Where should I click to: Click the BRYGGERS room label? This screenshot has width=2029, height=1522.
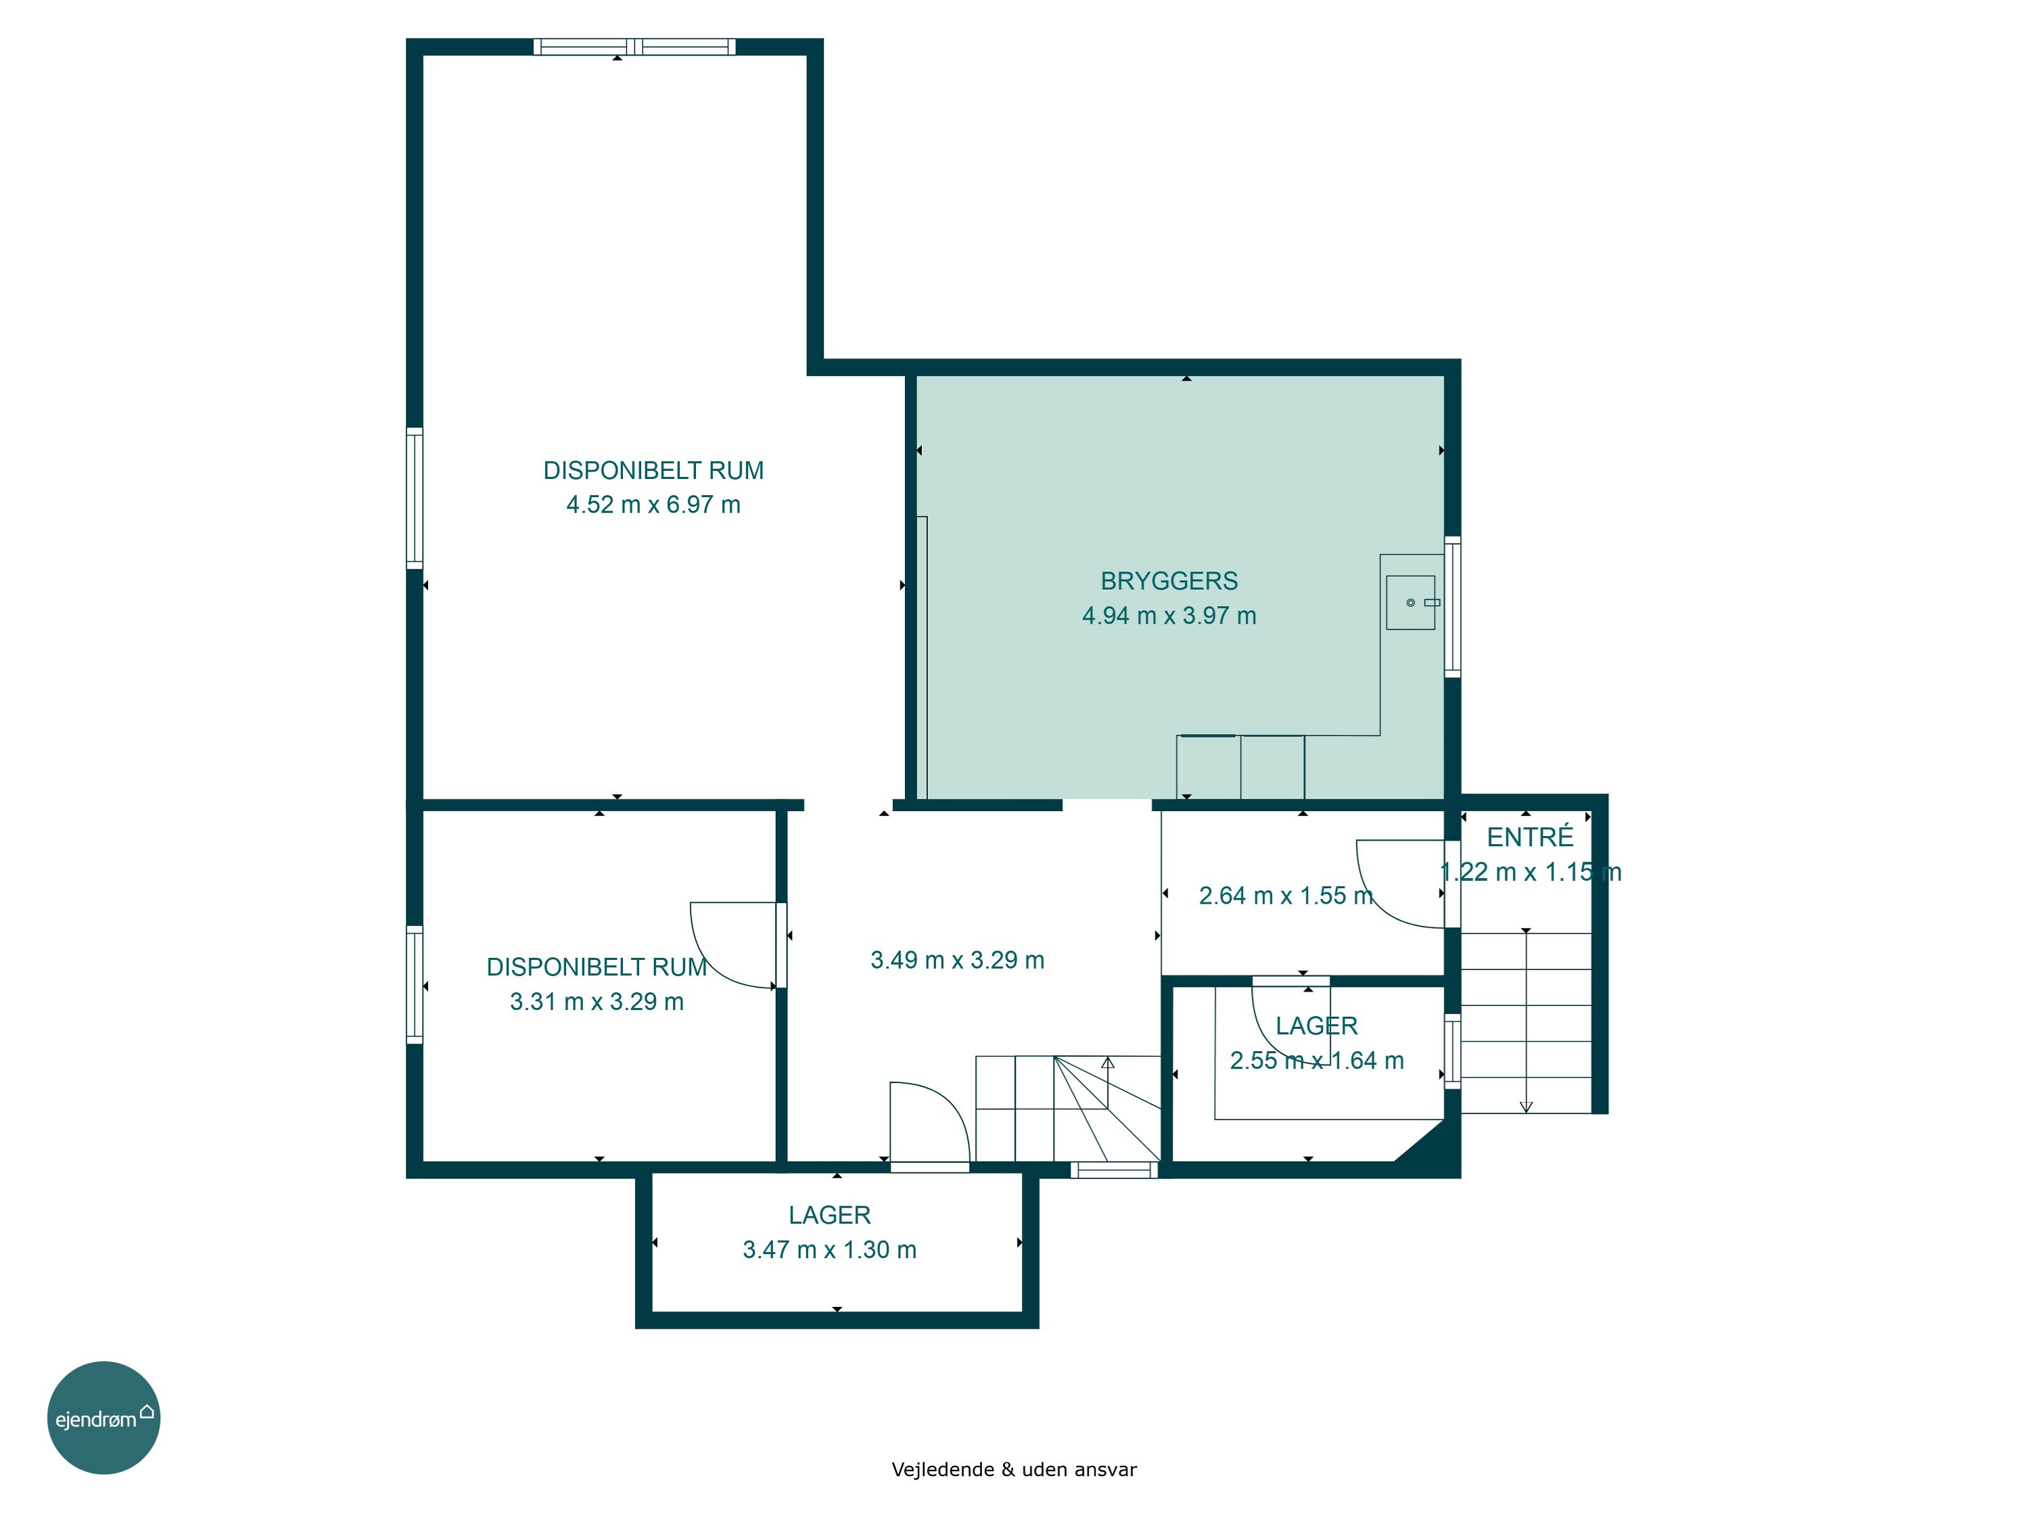pyautogui.click(x=1169, y=580)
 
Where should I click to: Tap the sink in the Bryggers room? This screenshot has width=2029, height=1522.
pyautogui.click(x=1411, y=603)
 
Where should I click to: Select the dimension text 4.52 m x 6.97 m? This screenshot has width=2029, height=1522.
pyautogui.click(x=653, y=505)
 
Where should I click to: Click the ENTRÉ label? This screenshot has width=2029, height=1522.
pyautogui.click(x=1530, y=837)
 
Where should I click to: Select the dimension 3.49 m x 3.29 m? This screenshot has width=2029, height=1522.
pyautogui.click(x=957, y=960)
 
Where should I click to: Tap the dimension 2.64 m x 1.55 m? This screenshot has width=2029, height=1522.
pyautogui.click(x=1286, y=896)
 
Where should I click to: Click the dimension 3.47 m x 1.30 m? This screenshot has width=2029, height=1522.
pyautogui.click(x=829, y=1249)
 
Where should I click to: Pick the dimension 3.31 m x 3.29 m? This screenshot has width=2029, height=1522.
pyautogui.click(x=597, y=1001)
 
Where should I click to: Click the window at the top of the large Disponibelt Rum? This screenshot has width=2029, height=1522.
pyautogui.click(x=635, y=47)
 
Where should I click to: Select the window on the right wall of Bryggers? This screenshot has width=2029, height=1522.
pyautogui.click(x=1453, y=606)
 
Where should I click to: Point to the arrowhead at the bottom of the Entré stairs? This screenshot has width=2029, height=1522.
pyautogui.click(x=1526, y=1107)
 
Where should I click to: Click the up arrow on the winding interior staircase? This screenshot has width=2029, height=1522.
pyautogui.click(x=1108, y=1063)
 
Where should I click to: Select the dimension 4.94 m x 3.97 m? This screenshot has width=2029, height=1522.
pyautogui.click(x=1169, y=616)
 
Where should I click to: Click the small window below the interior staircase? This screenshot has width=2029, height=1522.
pyautogui.click(x=1113, y=1170)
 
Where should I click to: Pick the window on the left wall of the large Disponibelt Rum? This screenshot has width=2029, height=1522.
pyautogui.click(x=415, y=498)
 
